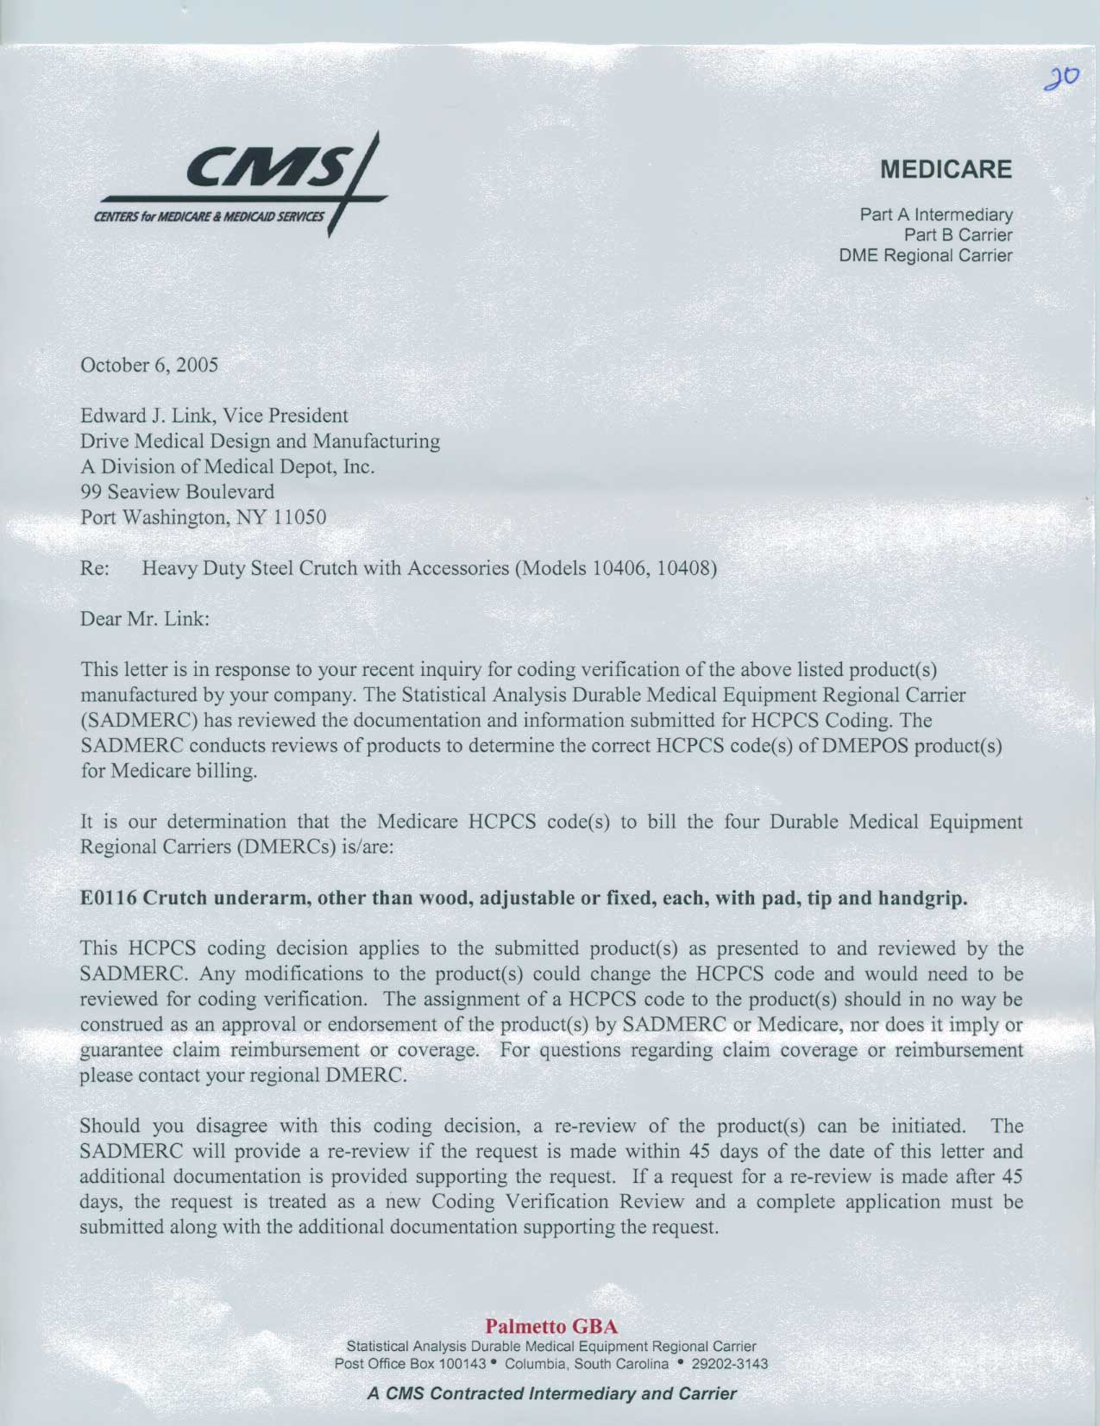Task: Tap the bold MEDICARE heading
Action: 946,170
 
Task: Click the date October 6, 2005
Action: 148,365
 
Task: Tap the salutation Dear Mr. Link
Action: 145,619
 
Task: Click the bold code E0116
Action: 108,898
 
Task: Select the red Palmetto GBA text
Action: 551,1325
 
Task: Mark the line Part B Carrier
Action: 958,235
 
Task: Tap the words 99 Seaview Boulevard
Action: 177,492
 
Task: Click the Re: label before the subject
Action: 93,568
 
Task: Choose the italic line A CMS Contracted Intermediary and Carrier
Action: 551,1393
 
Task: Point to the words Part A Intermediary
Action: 936,214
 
